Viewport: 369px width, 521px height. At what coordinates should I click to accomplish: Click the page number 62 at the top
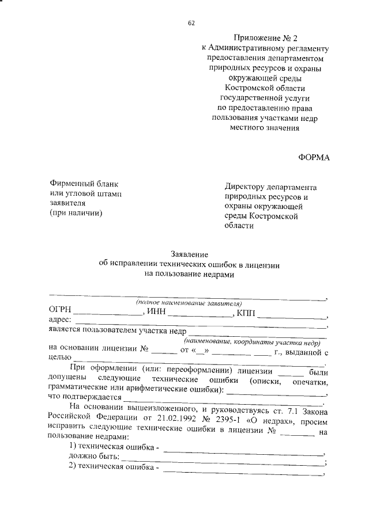(x=191, y=22)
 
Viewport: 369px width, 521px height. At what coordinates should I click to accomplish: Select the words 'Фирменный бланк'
(x=84, y=184)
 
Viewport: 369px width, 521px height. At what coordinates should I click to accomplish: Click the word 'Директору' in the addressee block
(x=247, y=188)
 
